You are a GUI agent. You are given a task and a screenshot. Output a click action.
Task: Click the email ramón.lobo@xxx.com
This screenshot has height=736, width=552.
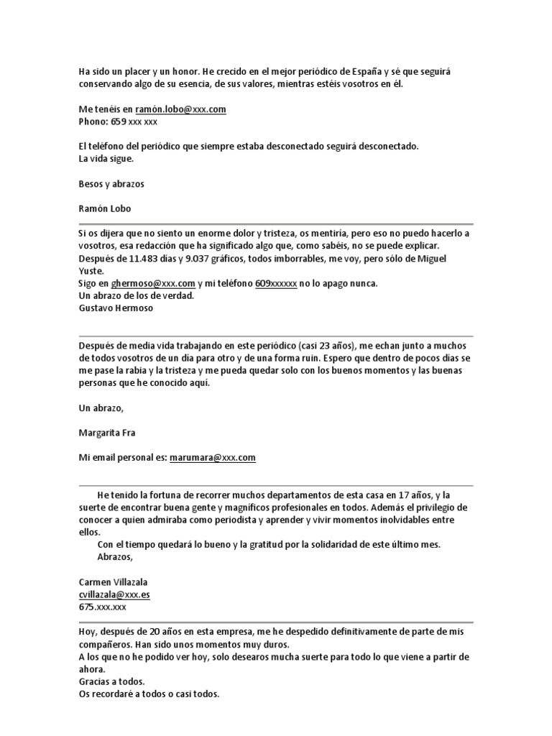[x=180, y=109]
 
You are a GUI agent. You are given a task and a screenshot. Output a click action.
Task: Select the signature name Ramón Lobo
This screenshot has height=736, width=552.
[x=105, y=208]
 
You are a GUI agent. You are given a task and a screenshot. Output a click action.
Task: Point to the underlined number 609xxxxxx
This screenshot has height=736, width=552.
[x=276, y=283]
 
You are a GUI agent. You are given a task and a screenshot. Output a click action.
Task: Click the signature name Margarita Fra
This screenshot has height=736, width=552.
[x=107, y=433]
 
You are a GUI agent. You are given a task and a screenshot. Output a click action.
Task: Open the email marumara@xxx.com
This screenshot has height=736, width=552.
[x=213, y=457]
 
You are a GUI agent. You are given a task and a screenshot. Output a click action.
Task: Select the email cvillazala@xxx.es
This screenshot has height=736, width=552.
[x=114, y=594]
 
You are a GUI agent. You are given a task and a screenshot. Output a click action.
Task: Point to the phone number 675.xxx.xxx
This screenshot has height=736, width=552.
[x=103, y=607]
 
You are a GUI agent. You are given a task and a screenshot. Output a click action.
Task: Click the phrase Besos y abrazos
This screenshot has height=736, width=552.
[x=111, y=184]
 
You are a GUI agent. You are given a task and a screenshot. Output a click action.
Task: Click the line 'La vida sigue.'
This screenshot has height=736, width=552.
[x=106, y=159]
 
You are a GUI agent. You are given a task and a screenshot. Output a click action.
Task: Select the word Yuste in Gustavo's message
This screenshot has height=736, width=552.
[x=91, y=271]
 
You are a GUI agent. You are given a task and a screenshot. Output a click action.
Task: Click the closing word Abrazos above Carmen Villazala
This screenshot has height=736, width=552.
[x=115, y=557]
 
